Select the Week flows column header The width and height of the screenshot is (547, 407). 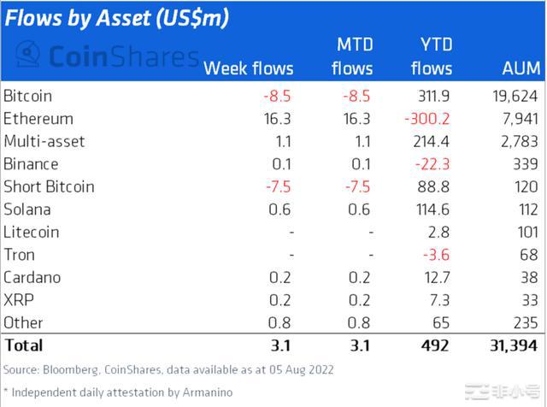coord(249,68)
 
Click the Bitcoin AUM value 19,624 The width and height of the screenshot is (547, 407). coord(516,96)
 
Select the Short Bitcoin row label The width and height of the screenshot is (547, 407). coord(49,186)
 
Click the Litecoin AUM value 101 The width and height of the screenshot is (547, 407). coord(529,232)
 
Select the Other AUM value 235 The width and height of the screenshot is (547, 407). coord(529,322)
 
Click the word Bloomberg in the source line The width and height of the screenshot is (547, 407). coord(70,369)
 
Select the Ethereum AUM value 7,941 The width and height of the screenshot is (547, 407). coord(521,119)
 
